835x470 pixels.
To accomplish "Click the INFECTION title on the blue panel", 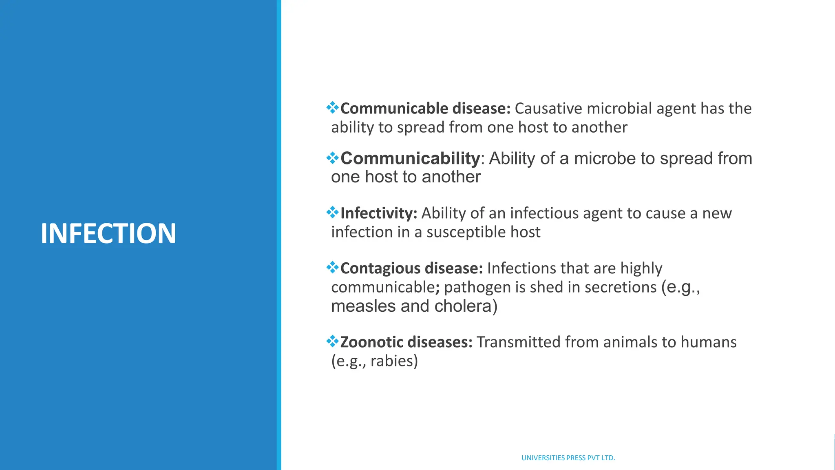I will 108,234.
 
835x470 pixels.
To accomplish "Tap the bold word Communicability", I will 410,158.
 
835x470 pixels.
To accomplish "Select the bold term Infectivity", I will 377,213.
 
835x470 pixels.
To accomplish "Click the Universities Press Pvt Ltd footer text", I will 568,458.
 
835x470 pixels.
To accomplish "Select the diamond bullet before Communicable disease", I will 333,108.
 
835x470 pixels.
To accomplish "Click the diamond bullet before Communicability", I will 333,158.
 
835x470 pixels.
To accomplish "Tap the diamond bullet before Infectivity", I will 333,213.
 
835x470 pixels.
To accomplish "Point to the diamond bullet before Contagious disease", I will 333,268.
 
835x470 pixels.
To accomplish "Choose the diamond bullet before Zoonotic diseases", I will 333,341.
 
